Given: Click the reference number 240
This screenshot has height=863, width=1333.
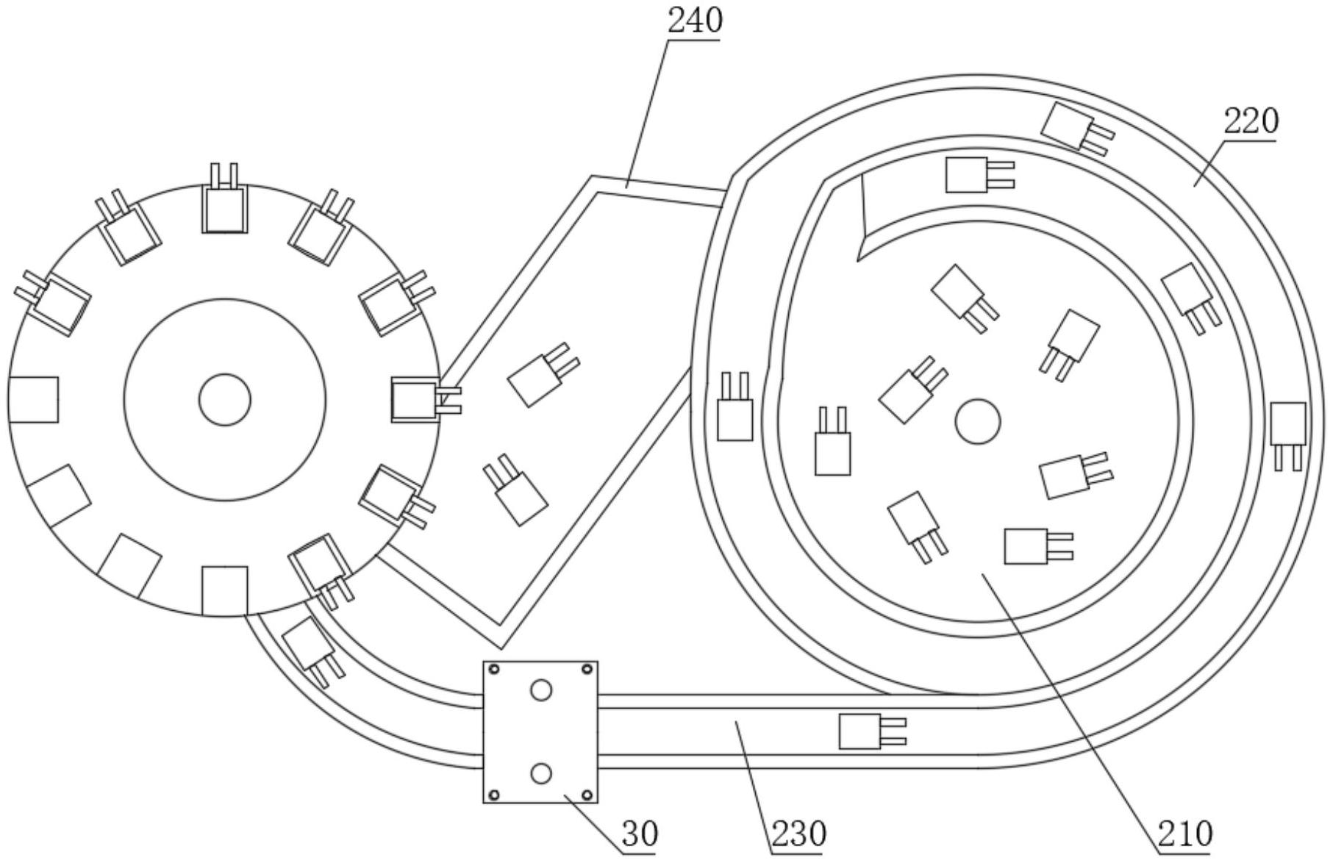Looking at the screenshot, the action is click(x=695, y=21).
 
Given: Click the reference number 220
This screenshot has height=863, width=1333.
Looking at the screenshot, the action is click(x=1251, y=121).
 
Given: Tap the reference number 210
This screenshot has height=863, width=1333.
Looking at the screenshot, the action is click(x=1184, y=834).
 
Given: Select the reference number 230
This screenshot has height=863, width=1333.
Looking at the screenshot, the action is click(x=798, y=834).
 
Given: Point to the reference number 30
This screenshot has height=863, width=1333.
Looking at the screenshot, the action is click(x=640, y=834).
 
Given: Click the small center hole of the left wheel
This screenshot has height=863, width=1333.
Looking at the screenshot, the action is click(x=224, y=399).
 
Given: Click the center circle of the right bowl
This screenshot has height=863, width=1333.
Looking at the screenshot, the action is click(x=977, y=422).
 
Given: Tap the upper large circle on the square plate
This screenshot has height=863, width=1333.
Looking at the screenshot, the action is click(x=540, y=690).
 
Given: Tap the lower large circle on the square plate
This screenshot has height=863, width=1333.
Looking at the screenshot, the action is click(x=540, y=773).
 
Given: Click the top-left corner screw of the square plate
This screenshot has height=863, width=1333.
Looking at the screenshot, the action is click(x=494, y=669).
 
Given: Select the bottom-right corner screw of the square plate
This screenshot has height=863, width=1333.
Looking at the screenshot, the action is click(x=587, y=795).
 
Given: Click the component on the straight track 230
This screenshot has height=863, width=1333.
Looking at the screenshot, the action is click(x=872, y=731).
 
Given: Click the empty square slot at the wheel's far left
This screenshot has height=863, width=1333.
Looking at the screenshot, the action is click(x=34, y=399).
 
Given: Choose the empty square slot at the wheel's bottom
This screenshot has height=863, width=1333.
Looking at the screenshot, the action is click(x=224, y=590).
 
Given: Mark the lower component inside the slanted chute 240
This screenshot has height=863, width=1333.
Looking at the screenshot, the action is click(x=515, y=490).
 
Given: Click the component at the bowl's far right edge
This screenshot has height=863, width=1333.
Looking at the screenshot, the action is click(x=1288, y=436).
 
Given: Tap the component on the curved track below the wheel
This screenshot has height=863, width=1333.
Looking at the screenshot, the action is click(x=313, y=651).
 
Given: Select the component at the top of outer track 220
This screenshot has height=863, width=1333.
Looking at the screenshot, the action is click(x=1077, y=129).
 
